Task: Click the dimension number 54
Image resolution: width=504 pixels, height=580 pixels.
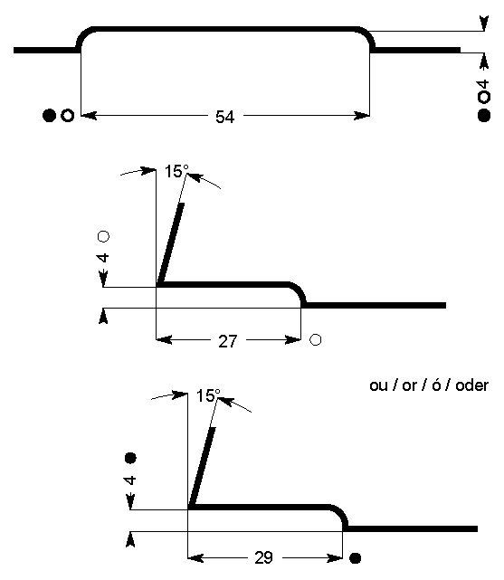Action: pos(224,117)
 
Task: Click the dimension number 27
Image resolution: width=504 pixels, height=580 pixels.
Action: pos(227,341)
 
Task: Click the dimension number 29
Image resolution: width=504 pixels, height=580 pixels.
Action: pos(263,557)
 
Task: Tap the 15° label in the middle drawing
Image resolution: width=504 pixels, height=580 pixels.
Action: pos(176,171)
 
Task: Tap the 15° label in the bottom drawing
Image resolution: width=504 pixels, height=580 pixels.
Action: pos(208,395)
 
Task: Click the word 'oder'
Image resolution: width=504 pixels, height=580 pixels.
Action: pos(471,385)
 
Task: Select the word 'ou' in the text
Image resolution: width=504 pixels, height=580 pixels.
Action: pos(378,386)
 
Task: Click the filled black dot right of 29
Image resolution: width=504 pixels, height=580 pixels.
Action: pos(355,557)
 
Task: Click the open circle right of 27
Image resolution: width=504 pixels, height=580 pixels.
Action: pos(316,339)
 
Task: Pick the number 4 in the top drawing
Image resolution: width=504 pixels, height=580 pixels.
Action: pos(484,85)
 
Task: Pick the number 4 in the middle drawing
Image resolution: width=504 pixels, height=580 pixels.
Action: pos(103,258)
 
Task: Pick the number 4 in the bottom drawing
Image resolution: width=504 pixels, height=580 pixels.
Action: pos(130,480)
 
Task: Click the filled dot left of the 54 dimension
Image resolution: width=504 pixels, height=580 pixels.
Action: pos(49,116)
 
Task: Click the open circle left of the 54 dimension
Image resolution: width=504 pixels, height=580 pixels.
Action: pos(67,116)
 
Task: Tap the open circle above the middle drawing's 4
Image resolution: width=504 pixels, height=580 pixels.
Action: pos(103,236)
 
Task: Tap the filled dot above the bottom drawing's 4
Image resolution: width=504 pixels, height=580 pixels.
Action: pos(130,458)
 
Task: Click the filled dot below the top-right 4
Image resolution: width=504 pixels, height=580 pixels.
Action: pos(484,116)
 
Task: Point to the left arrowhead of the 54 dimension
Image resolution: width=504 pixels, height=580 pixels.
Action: pos(89,116)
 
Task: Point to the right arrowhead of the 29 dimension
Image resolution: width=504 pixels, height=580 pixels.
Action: pos(335,557)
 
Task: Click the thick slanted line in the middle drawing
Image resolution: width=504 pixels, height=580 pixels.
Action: pos(170,244)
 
